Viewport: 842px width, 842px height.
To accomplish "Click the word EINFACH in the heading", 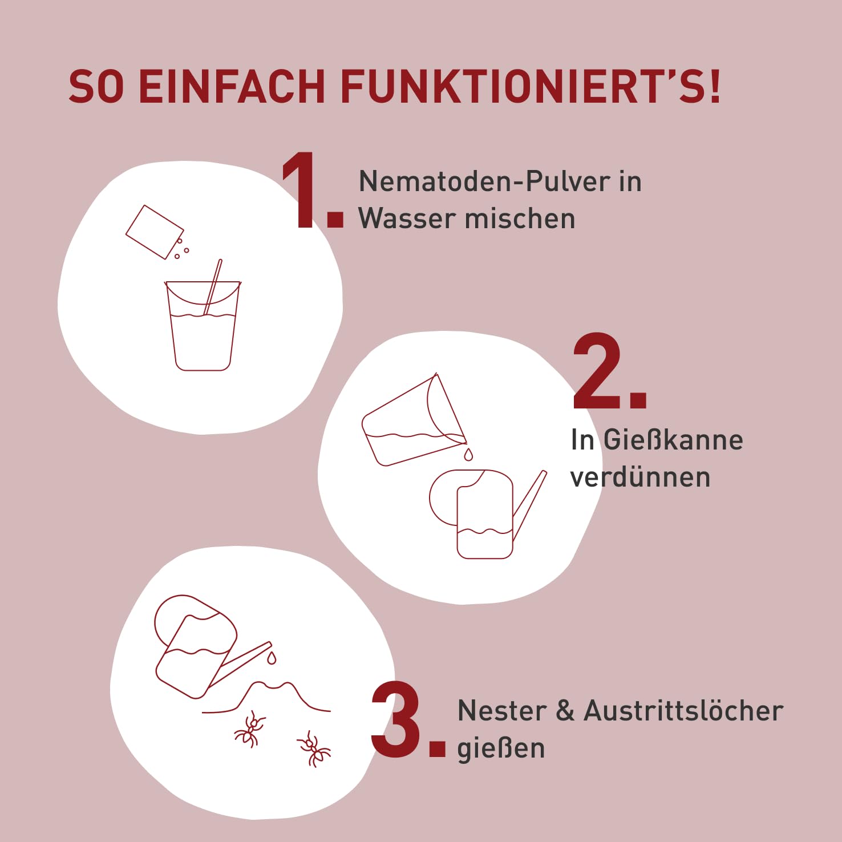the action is pos(232,87).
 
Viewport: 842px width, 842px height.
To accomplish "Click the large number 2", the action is pos(610,371).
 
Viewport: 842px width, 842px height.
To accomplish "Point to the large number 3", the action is pos(408,720).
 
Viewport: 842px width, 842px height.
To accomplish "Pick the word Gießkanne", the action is pos(673,440).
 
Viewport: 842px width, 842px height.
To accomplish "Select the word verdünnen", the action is pos(640,477).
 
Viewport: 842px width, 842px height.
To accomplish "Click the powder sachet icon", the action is pos(155,232).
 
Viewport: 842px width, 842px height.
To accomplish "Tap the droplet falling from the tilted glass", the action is pos(468,454).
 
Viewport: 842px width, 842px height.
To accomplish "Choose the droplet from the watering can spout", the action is pos(272,658).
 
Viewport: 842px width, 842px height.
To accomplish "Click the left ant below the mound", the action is pos(250,729).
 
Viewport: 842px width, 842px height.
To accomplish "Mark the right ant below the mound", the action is pos(313,749).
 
